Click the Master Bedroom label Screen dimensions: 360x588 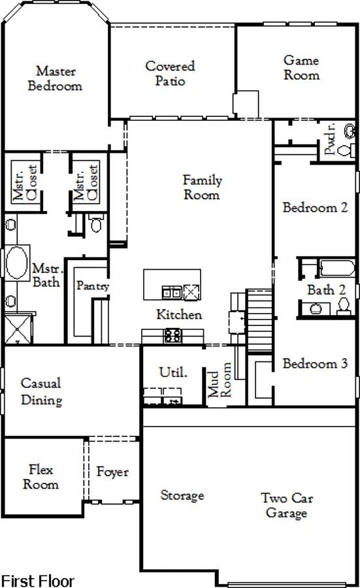point(55,78)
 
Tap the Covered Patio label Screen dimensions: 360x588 point(171,73)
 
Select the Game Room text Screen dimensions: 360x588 point(301,67)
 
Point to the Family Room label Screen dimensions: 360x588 point(202,187)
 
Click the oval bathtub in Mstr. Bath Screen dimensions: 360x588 point(17,263)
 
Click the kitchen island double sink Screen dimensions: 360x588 point(172,292)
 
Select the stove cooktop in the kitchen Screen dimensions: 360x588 point(172,335)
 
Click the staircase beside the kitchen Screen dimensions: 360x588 point(259,321)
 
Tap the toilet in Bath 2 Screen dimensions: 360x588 point(344,306)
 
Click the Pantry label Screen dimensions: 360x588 point(93,286)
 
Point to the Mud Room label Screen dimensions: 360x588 point(220,380)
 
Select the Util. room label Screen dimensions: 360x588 point(173,372)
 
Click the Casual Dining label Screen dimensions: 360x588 point(41,391)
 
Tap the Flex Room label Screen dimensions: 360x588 point(41,477)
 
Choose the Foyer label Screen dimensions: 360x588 point(112,472)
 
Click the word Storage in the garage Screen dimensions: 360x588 point(182,495)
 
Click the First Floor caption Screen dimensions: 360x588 point(38,581)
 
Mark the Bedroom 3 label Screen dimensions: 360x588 point(315,363)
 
